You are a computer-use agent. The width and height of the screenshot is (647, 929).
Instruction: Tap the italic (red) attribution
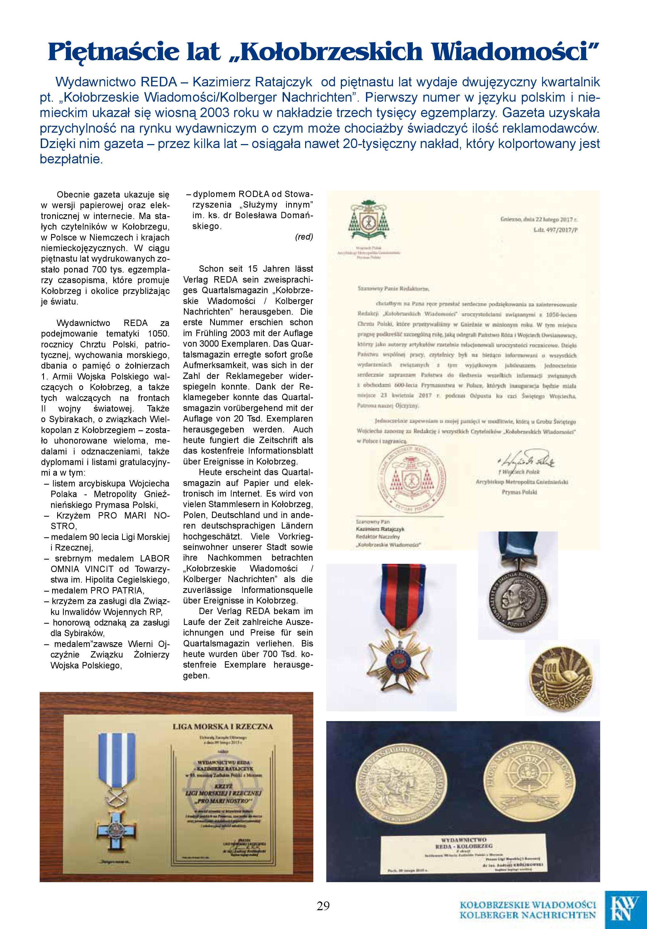[x=304, y=237]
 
